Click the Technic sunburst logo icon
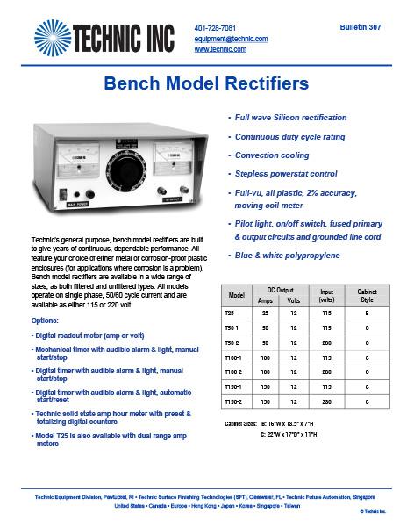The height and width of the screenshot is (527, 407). [x=54, y=40]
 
